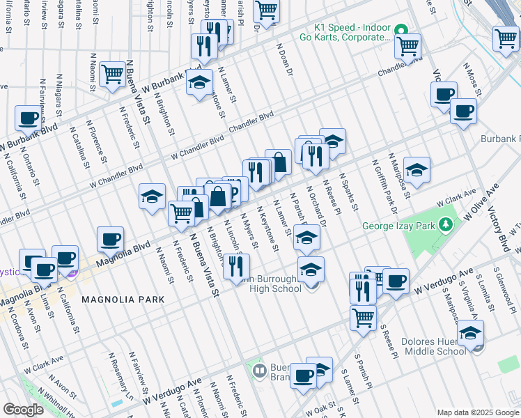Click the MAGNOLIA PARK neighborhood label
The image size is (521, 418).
(123, 300)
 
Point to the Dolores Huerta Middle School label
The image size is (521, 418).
(434, 346)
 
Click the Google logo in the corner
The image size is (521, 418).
(23, 410)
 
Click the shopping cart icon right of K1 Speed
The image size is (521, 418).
(408, 45)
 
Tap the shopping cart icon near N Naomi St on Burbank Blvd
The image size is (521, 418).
(111, 73)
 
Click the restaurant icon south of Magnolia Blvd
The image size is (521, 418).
(236, 265)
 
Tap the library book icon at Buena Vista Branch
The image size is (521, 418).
(259, 369)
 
